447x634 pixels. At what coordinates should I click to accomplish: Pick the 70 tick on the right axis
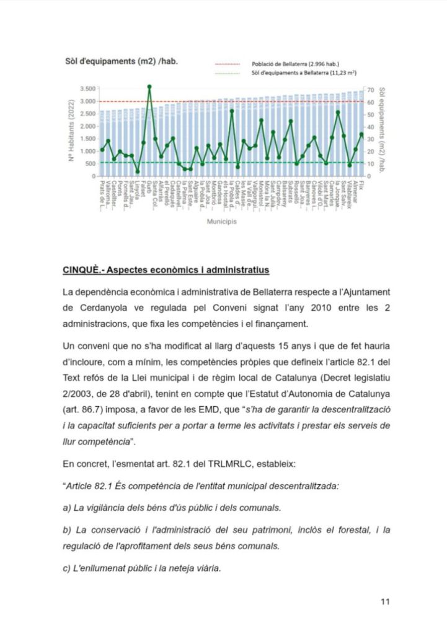(x=370, y=89)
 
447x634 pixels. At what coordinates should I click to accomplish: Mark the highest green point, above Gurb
(x=149, y=87)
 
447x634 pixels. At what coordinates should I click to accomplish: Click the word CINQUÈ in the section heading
(x=83, y=271)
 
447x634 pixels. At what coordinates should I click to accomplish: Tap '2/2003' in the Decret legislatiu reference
(x=78, y=393)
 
